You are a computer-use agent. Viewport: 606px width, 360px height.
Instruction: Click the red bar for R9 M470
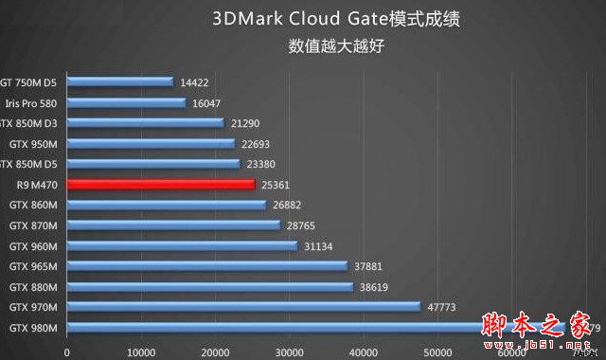pyautogui.click(x=161, y=184)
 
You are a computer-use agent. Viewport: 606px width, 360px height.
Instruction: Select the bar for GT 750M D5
pyautogui.click(x=119, y=82)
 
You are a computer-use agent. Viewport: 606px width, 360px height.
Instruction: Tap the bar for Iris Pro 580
pyautogui.click(x=126, y=102)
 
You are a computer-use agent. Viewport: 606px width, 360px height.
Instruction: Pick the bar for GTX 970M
pyautogui.click(x=243, y=307)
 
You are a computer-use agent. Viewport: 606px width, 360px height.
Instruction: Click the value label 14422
pyautogui.click(x=193, y=82)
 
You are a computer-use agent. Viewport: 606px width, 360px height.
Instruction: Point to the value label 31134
pyautogui.click(x=319, y=245)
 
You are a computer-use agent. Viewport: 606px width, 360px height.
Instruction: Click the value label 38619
pyautogui.click(x=376, y=286)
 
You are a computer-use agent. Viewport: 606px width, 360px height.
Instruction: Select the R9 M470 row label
pyautogui.click(x=37, y=184)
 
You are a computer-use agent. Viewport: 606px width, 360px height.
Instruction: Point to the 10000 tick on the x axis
pyautogui.click(x=141, y=351)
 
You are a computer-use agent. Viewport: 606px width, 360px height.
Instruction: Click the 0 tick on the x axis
pyautogui.click(x=67, y=351)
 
